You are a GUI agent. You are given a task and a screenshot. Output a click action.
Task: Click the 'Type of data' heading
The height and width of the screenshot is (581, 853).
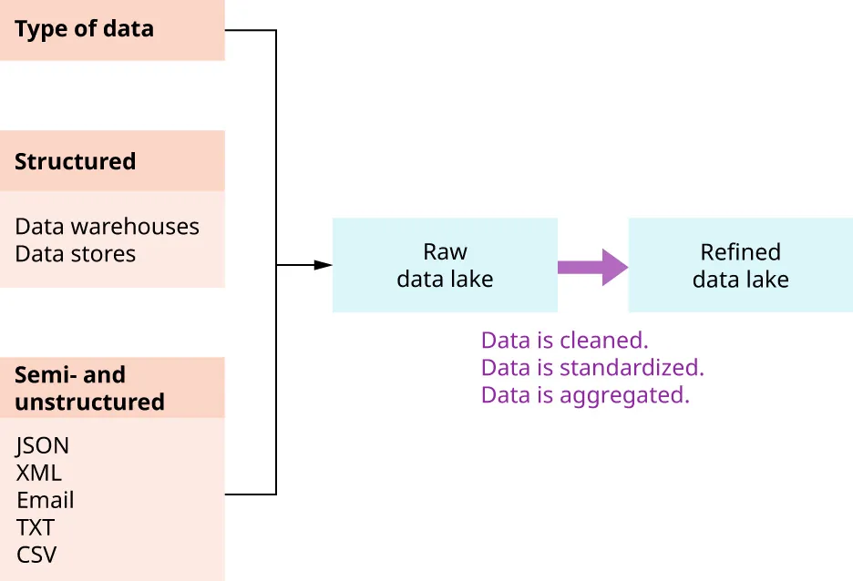84,29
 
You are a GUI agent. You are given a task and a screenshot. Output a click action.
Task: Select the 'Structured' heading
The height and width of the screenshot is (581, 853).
75,161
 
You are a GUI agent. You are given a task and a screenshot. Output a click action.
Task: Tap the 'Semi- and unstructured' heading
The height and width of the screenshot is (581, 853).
89,388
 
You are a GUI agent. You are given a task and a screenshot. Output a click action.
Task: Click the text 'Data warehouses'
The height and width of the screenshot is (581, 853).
107,227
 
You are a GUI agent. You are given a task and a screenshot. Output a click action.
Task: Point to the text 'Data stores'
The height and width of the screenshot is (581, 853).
75,254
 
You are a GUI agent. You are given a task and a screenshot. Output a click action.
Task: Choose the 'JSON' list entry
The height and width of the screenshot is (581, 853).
42,446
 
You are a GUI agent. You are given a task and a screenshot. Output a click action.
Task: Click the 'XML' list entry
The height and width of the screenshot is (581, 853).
38,474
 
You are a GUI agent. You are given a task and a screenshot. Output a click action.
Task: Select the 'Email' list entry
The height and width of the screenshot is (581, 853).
45,500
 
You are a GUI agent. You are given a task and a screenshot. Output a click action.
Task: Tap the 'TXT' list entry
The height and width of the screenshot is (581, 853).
35,527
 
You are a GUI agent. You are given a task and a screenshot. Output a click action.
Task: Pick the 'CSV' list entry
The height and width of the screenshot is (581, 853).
36,555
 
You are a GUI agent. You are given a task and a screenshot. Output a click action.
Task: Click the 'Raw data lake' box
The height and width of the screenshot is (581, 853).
445,265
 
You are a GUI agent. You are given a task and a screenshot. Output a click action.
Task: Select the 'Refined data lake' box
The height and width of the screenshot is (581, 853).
740,265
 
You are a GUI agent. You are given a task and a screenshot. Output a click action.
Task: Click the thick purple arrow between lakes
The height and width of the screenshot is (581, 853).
592,267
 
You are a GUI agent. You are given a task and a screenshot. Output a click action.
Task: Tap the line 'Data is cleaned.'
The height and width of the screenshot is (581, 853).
564,341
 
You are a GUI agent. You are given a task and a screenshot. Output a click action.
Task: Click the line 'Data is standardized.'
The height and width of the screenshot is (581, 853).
592,368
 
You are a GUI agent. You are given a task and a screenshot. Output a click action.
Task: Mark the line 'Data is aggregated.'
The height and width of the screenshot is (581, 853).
585,395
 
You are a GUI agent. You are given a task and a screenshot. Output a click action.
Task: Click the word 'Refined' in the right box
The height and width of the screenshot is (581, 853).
740,252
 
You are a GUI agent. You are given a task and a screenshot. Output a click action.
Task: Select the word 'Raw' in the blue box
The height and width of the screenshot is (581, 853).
445,252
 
